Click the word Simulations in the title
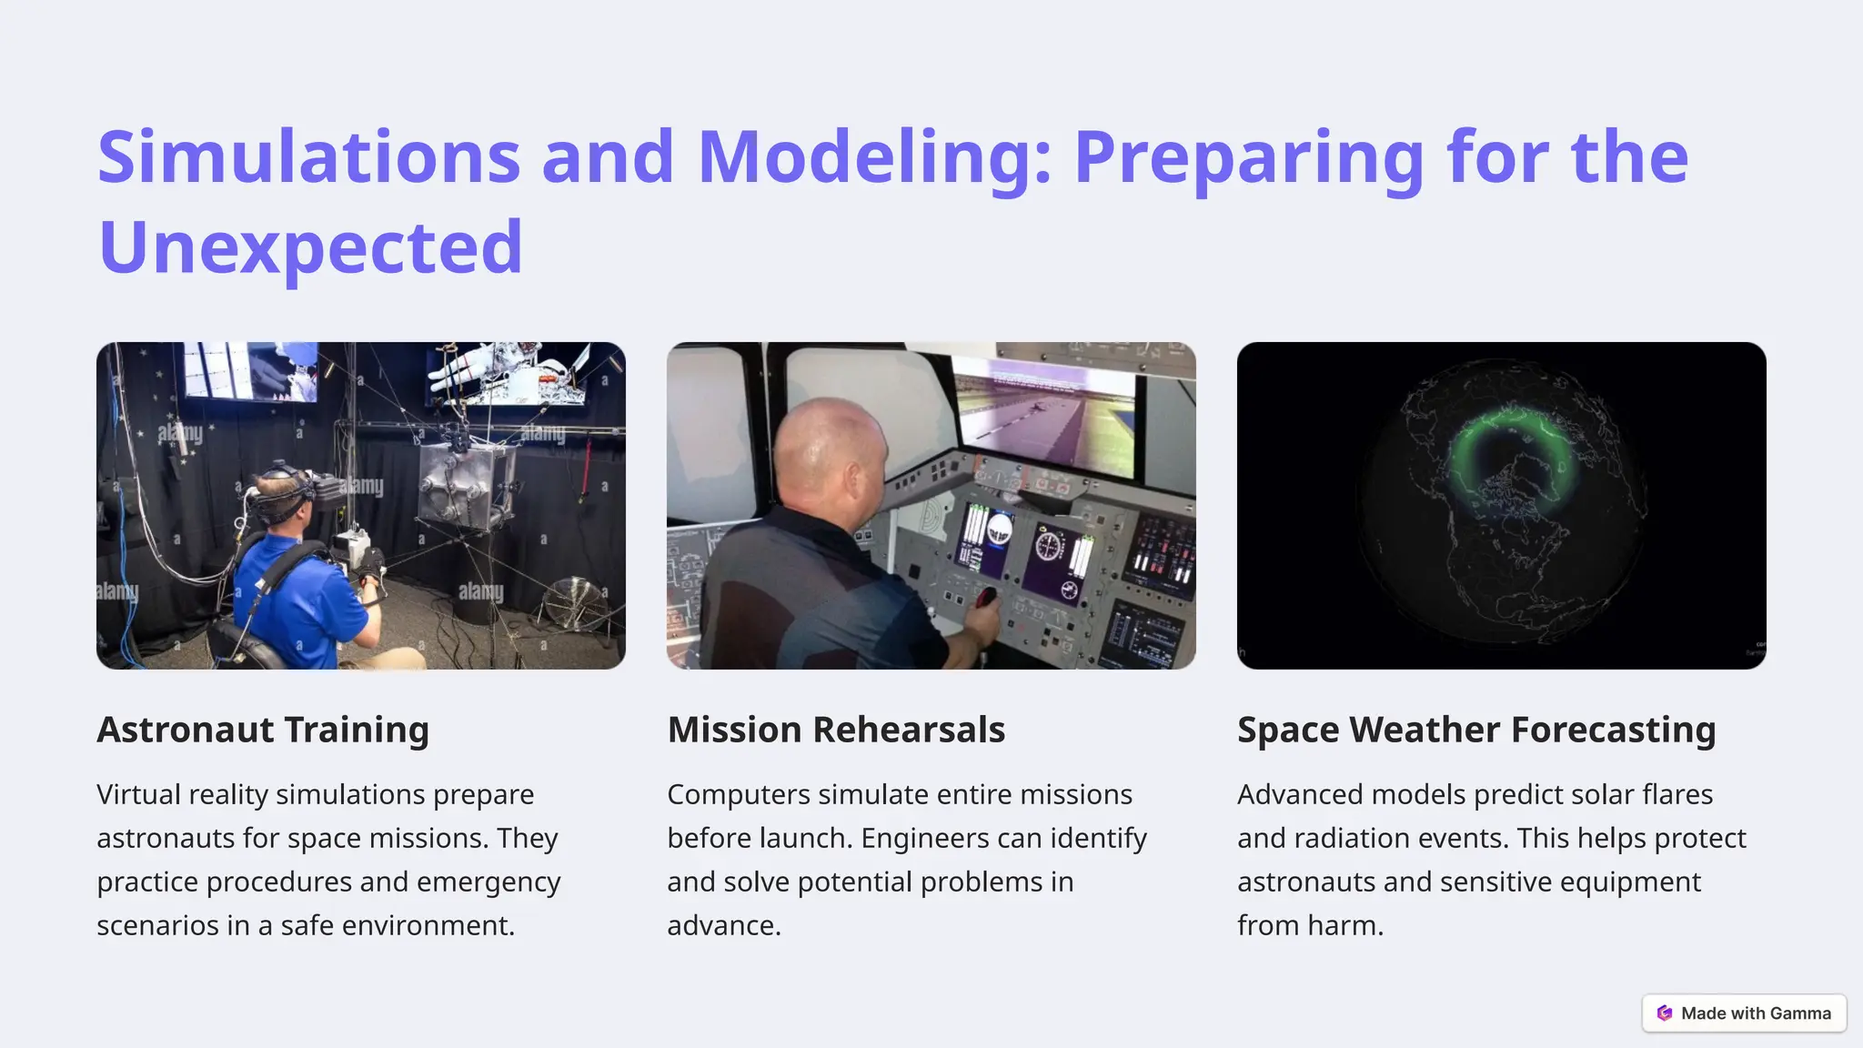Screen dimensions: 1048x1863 (x=308, y=156)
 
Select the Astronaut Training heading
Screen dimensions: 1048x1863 (x=263, y=730)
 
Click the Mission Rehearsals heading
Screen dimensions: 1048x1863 (x=836, y=730)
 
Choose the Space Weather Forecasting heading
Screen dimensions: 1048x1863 (x=1476, y=730)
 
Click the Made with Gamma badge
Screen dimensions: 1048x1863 (x=1744, y=1013)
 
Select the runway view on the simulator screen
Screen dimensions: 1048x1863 (x=1046, y=418)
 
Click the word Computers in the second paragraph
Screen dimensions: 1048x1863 (x=738, y=794)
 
